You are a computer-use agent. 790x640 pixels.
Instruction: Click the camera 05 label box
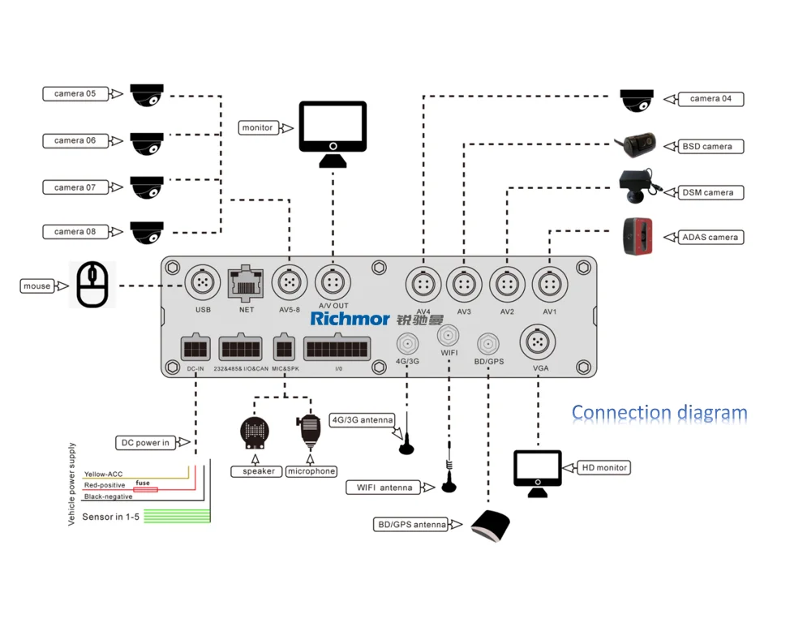pos(75,94)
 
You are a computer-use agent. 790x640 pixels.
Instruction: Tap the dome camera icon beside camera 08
pos(147,232)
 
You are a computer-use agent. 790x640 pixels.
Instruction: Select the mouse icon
pos(92,285)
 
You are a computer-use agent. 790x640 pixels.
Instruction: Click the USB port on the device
pos(203,283)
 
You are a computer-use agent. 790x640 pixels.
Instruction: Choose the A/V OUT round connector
pos(332,283)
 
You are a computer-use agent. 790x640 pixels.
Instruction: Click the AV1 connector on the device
pos(549,286)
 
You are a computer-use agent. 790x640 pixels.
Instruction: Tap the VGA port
pos(537,342)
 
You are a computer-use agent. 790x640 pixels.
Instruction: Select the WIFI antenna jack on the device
pos(449,336)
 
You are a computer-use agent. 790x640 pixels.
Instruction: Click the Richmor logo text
pos(350,319)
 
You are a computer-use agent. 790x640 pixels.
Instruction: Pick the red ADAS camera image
pos(638,236)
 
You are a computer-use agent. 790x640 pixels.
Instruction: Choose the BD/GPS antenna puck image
pos(491,526)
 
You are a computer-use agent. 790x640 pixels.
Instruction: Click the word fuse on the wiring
pos(143,483)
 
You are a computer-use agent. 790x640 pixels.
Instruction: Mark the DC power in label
pos(145,443)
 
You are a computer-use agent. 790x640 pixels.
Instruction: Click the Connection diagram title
pos(659,413)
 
